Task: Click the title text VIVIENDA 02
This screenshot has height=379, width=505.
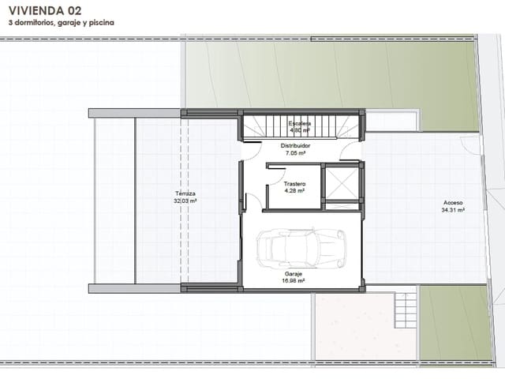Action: (x=45, y=10)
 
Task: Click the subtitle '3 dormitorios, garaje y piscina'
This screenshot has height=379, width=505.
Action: (x=62, y=23)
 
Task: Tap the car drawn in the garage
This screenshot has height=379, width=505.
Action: (x=301, y=246)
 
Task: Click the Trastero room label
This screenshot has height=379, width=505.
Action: (x=294, y=184)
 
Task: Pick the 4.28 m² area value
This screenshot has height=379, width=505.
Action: (x=294, y=190)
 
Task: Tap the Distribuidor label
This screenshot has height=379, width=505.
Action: (x=296, y=146)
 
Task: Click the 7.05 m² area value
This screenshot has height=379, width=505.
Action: (x=296, y=153)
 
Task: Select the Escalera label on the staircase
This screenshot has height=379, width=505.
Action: (x=300, y=124)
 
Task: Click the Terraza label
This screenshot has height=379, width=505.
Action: (x=185, y=193)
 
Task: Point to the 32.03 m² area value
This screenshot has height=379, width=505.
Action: (x=185, y=201)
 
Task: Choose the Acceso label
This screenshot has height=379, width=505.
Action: (x=453, y=203)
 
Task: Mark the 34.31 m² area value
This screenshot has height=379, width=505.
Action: (x=453, y=210)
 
